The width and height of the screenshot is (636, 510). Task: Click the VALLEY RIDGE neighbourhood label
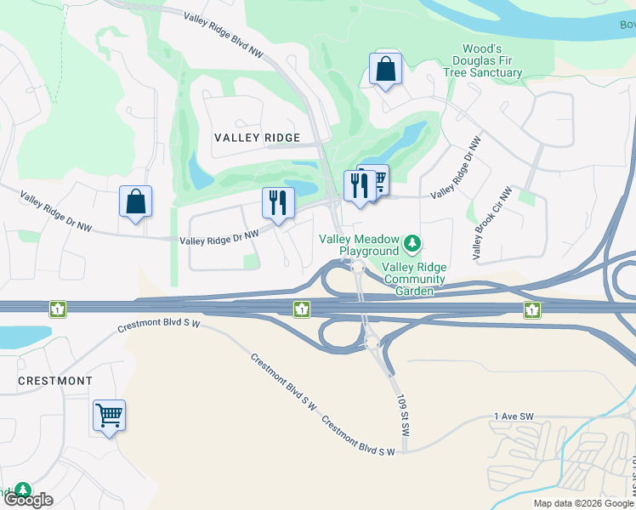point(257,138)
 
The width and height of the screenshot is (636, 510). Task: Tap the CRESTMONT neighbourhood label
point(55,381)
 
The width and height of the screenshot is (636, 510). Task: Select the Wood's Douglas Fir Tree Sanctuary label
point(491,61)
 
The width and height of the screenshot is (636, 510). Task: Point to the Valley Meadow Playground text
point(358,245)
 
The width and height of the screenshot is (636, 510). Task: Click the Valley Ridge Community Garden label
point(413,279)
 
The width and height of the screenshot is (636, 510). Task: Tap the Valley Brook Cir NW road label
point(491,224)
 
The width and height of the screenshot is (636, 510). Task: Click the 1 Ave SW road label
point(513,416)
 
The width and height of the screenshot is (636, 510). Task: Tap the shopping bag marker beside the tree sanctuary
point(386,70)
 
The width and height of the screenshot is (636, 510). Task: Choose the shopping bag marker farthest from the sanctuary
point(135,202)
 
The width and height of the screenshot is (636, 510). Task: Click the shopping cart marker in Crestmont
point(109,416)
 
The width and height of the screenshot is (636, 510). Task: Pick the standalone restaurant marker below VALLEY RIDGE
point(278,204)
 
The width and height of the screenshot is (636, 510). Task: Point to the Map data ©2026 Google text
point(583,503)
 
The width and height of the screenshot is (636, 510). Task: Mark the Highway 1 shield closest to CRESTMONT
point(58,309)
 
